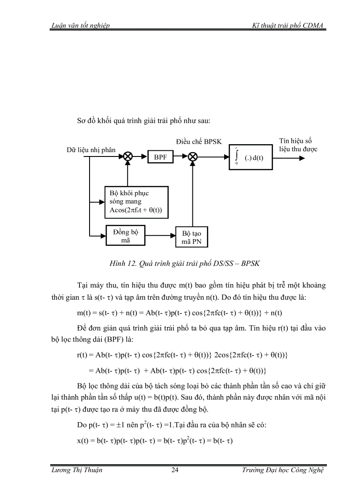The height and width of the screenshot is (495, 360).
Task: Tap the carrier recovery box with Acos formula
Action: pyautogui.click(x=137, y=202)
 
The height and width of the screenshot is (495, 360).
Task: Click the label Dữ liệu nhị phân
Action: pyautogui.click(x=91, y=150)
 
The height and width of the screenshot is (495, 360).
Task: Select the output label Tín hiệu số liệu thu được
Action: pyautogui.click(x=298, y=145)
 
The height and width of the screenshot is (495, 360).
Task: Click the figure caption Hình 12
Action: pyautogui.click(x=184, y=264)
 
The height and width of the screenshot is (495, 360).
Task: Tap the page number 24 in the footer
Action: pyautogui.click(x=175, y=470)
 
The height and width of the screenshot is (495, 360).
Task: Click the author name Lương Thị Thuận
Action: pyautogui.click(x=77, y=470)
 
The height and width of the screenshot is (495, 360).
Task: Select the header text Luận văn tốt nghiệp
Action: pyautogui.click(x=80, y=26)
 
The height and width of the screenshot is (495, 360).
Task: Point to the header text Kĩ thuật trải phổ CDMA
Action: pyautogui.click(x=288, y=26)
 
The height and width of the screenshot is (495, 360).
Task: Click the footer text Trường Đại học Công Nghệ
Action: pyautogui.click(x=283, y=470)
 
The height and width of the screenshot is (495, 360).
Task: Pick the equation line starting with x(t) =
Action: pyautogui.click(x=154, y=440)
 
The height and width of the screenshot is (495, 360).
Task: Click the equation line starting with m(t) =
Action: pyautogui.click(x=180, y=313)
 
